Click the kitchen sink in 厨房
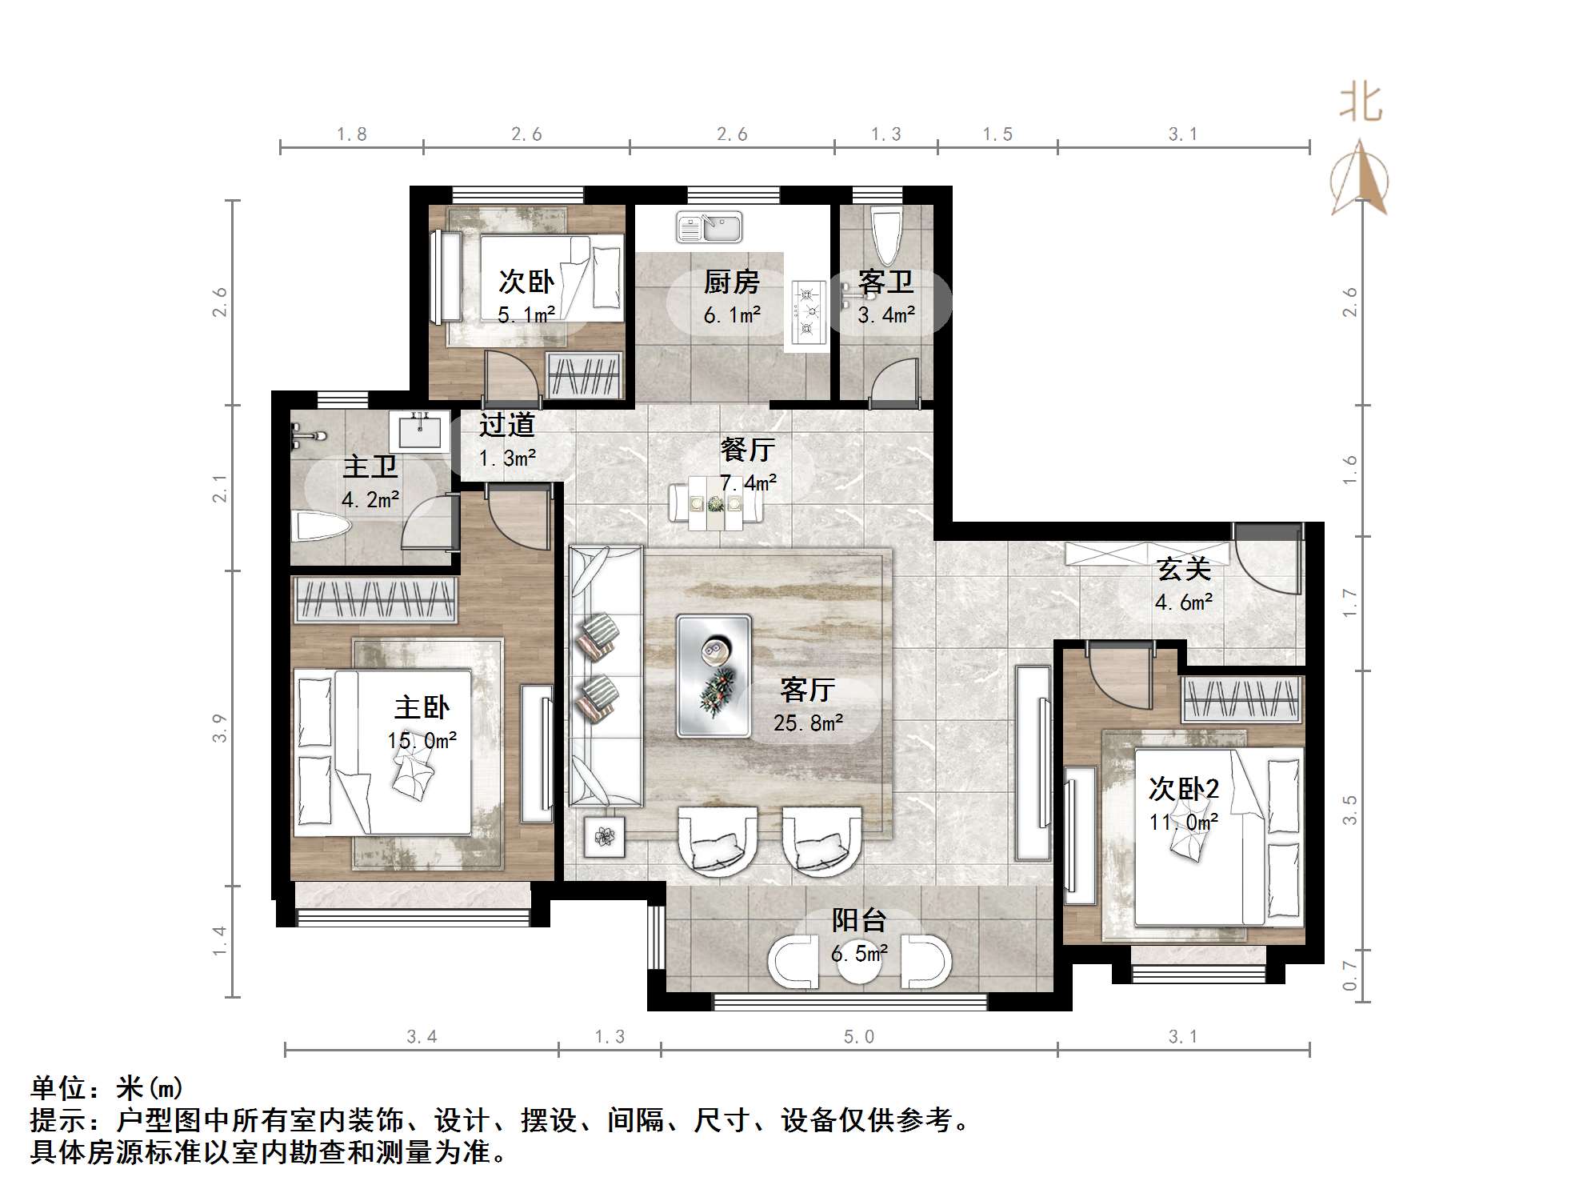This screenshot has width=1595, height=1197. point(709,226)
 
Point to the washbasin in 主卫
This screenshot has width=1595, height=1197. point(419,432)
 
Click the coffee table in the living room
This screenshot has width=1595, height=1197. point(714,675)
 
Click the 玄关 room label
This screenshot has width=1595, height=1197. point(1184,570)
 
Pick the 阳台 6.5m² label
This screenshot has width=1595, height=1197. point(859,936)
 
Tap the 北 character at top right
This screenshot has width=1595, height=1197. point(1361,104)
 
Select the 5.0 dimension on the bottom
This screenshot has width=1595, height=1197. point(859,1037)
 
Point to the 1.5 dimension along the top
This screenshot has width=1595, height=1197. point(997,134)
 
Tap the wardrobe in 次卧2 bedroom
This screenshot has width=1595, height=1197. point(1241,698)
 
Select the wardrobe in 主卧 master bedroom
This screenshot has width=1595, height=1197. point(374,599)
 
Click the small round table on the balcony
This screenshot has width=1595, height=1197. point(859,964)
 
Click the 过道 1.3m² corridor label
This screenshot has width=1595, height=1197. point(507,441)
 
